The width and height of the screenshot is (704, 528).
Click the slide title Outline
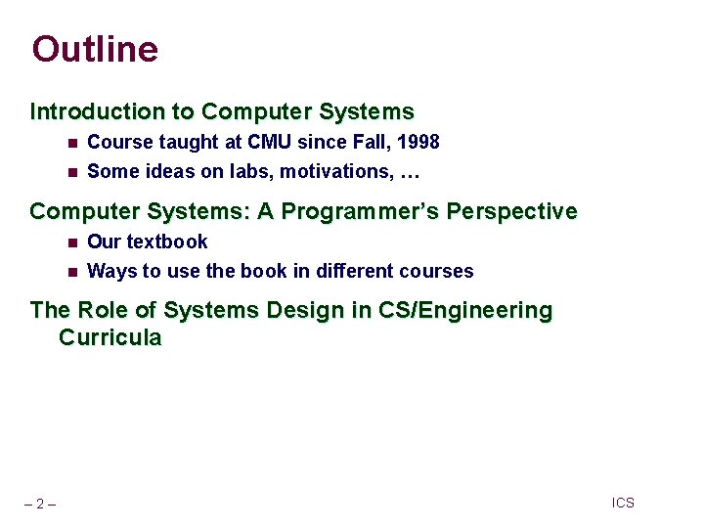[x=95, y=49]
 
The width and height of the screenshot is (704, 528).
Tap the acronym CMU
[x=270, y=143]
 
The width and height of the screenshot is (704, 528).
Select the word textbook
[x=167, y=242]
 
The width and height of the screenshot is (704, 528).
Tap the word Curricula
[x=110, y=338]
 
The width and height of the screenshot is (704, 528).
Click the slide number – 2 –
[x=40, y=505]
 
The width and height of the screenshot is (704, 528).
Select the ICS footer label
[x=623, y=503]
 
